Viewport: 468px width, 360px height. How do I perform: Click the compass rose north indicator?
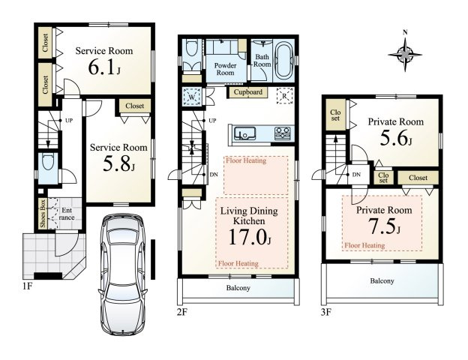coord(405,54)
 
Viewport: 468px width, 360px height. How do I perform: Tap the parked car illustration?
coord(123,274)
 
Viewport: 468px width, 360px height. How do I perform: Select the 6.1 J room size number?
coord(104,68)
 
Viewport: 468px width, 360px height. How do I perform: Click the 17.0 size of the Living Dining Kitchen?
coord(250,237)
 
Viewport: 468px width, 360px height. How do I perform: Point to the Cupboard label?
coord(248,92)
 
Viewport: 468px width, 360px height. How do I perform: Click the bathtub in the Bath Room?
coord(283,61)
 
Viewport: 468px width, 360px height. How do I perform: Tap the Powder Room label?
coord(225,69)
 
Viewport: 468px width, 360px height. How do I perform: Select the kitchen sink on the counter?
coord(244,133)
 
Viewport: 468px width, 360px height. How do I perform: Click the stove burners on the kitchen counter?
coord(282,133)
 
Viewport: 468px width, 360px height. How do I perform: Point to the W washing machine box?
coord(191,97)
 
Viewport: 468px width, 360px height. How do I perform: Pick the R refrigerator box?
coord(284,96)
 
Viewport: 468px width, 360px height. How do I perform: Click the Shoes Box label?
coord(43,213)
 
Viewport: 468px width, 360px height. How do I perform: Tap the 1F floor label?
coord(27,286)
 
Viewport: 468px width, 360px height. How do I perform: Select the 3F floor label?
coord(326,312)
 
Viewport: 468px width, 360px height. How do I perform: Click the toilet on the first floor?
coord(48,163)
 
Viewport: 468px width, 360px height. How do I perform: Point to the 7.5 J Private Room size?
coord(384,226)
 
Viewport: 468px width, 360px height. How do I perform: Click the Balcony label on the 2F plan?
coord(238,288)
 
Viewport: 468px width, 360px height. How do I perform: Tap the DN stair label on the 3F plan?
coord(356,175)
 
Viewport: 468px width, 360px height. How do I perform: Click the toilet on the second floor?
coord(191,48)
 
